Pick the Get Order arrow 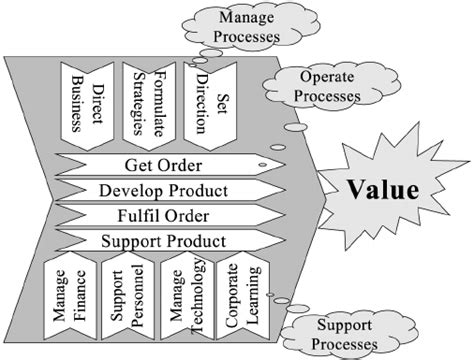point(175,165)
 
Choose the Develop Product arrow point(175,190)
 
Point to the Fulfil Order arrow point(175,215)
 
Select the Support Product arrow point(175,241)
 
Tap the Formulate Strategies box point(148,101)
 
